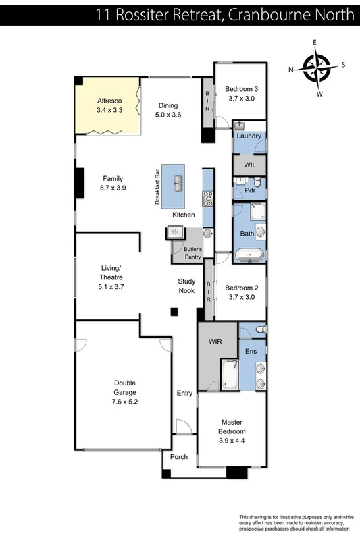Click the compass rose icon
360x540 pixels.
[316, 67]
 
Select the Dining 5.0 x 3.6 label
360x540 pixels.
[168, 110]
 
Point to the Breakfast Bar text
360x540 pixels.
[157, 186]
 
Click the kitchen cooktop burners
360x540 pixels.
[208, 198]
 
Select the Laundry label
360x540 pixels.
[249, 136]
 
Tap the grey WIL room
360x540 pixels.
[249, 164]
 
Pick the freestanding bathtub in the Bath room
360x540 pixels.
[249, 256]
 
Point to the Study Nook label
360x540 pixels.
[186, 286]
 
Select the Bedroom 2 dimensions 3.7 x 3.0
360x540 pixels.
[241, 297]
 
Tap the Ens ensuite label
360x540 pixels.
[250, 351]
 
